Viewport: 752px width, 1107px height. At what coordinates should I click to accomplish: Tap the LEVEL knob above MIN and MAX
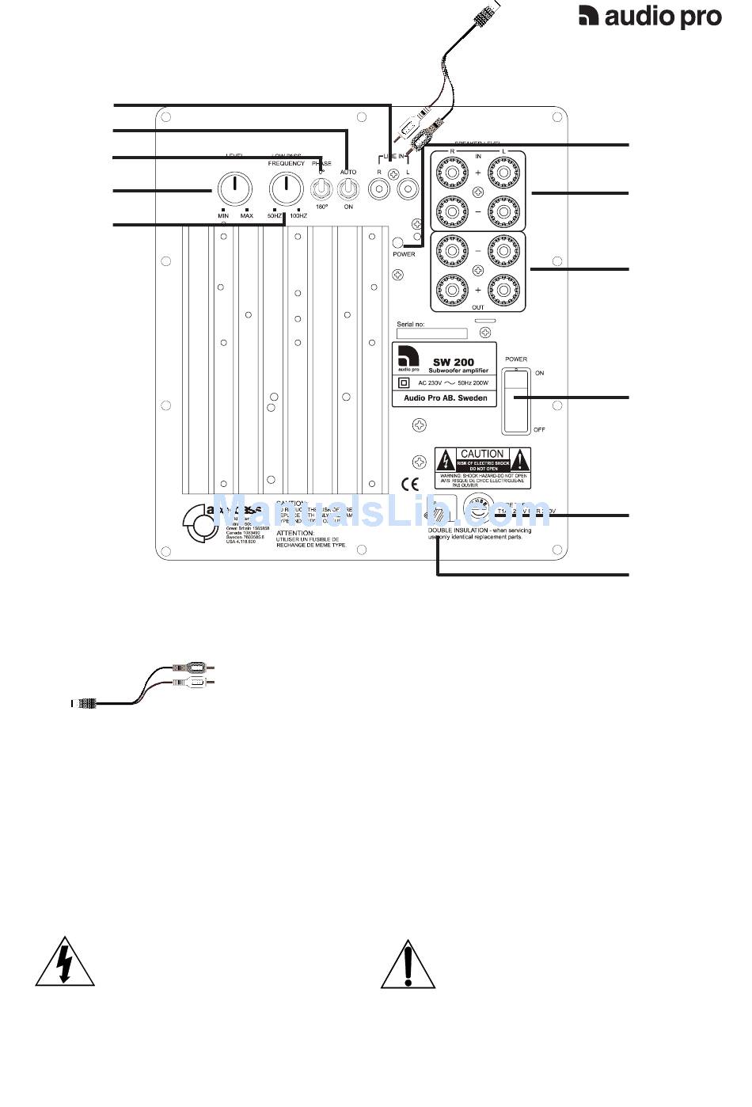click(x=234, y=188)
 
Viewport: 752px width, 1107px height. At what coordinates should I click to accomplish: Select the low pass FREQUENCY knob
click(x=285, y=188)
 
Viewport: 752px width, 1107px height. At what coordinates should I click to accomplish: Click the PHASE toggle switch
click(x=321, y=188)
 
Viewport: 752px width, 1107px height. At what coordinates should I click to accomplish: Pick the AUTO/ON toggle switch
click(x=348, y=188)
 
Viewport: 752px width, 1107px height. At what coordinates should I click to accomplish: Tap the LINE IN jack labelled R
click(x=380, y=189)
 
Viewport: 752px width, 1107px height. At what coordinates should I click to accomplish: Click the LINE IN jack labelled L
click(x=408, y=189)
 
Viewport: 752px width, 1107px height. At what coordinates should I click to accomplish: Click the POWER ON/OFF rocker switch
click(x=516, y=401)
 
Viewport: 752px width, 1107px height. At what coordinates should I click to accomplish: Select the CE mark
click(x=410, y=485)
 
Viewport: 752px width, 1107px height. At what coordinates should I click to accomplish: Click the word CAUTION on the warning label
click(x=482, y=454)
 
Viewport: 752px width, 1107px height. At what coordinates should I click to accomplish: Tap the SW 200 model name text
click(x=454, y=362)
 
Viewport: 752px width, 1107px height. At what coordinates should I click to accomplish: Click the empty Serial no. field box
click(x=431, y=334)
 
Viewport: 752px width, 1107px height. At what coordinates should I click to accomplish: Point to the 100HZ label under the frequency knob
click(x=298, y=216)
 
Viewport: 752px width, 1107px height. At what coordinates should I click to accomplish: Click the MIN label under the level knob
click(x=223, y=216)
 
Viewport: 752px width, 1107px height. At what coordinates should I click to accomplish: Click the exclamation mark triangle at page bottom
click(x=408, y=964)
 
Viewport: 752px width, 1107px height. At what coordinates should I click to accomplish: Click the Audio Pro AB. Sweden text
click(x=446, y=398)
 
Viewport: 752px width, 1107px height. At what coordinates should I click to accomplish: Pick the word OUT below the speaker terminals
click(x=477, y=307)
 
